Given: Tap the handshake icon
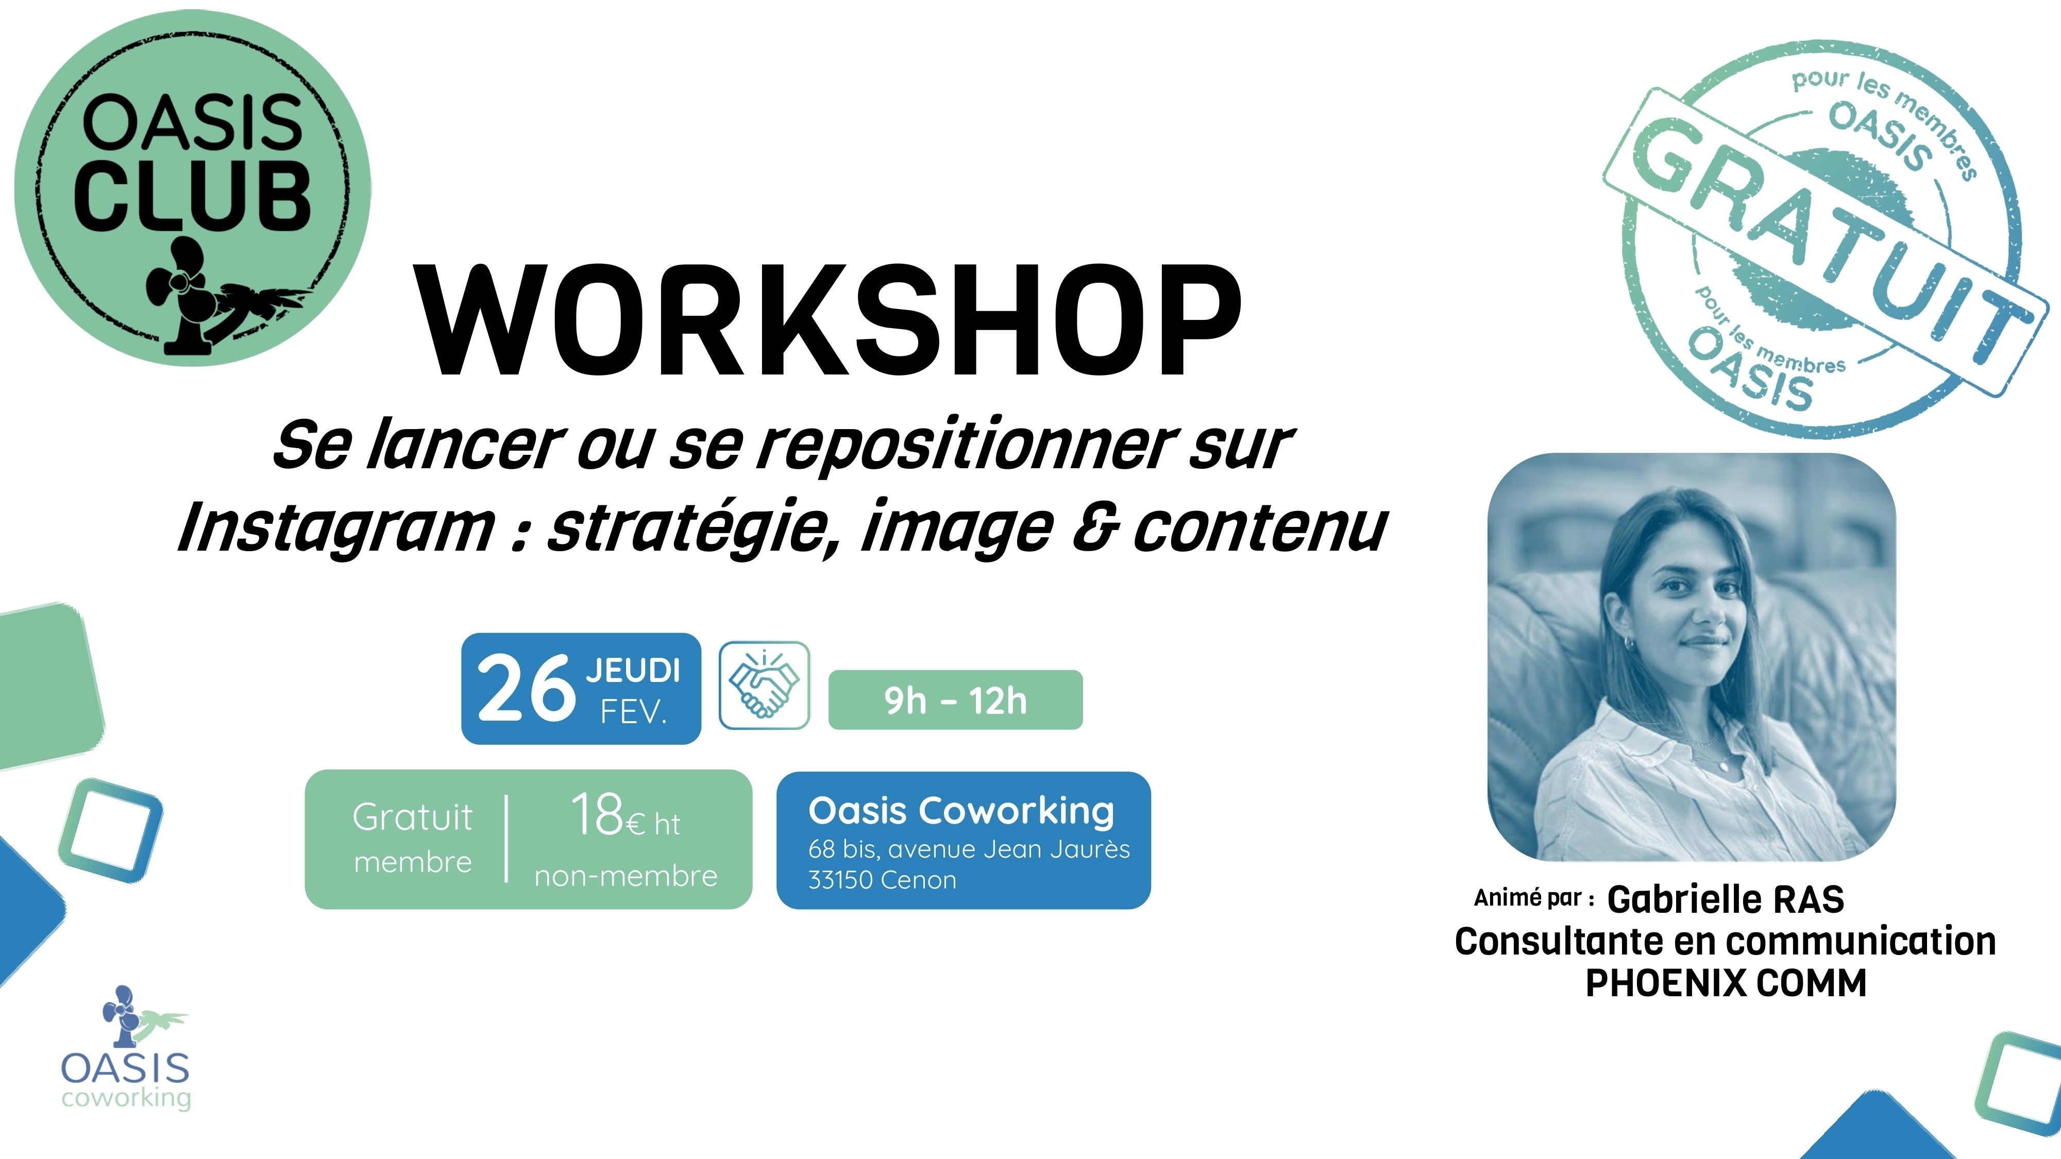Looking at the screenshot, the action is coord(764,685).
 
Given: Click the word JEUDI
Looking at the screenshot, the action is coord(633,670).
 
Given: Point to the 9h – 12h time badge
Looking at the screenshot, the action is coord(955,700).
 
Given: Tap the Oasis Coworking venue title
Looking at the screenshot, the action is coord(961,811).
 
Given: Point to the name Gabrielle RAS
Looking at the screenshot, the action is coord(1726,899).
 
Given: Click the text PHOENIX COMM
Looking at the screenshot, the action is coord(1726,983).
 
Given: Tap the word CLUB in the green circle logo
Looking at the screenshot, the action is coord(192,196).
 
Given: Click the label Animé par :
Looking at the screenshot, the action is coord(1534,898).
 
